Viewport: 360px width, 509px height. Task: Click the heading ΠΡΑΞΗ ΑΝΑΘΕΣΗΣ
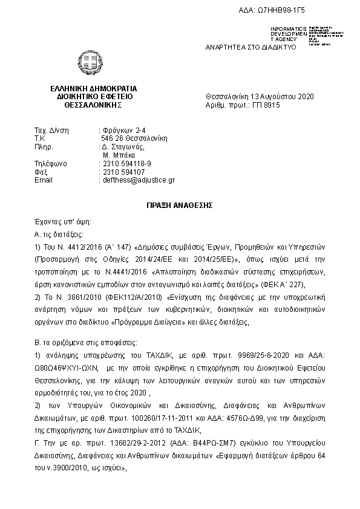180,205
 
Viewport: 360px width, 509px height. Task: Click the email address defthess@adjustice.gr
139,180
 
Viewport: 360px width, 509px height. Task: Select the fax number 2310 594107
124,172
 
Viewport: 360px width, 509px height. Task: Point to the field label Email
44,180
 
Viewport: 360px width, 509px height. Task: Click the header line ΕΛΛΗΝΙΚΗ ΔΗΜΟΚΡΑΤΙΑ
94,88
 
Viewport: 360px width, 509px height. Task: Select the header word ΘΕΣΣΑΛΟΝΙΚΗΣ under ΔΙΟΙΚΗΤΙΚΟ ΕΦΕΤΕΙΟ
93,105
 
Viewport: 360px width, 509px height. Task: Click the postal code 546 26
113,138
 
